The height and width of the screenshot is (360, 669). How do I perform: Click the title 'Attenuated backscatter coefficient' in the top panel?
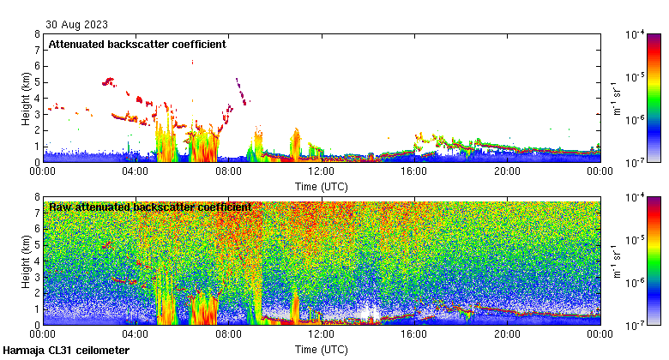[137, 44]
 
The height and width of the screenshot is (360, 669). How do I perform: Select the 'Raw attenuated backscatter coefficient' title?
[150, 207]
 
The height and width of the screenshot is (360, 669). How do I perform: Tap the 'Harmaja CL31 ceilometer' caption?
[66, 351]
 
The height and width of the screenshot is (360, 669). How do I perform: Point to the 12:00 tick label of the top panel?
[322, 171]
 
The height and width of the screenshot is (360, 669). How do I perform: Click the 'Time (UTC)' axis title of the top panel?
[322, 185]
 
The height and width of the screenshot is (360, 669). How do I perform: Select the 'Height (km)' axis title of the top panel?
[26, 99]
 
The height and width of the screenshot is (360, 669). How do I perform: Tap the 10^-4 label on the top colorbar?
[636, 35]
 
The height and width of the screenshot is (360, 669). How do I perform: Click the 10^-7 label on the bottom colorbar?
[636, 325]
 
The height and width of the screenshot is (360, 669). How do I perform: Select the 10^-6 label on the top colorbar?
[636, 120]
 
